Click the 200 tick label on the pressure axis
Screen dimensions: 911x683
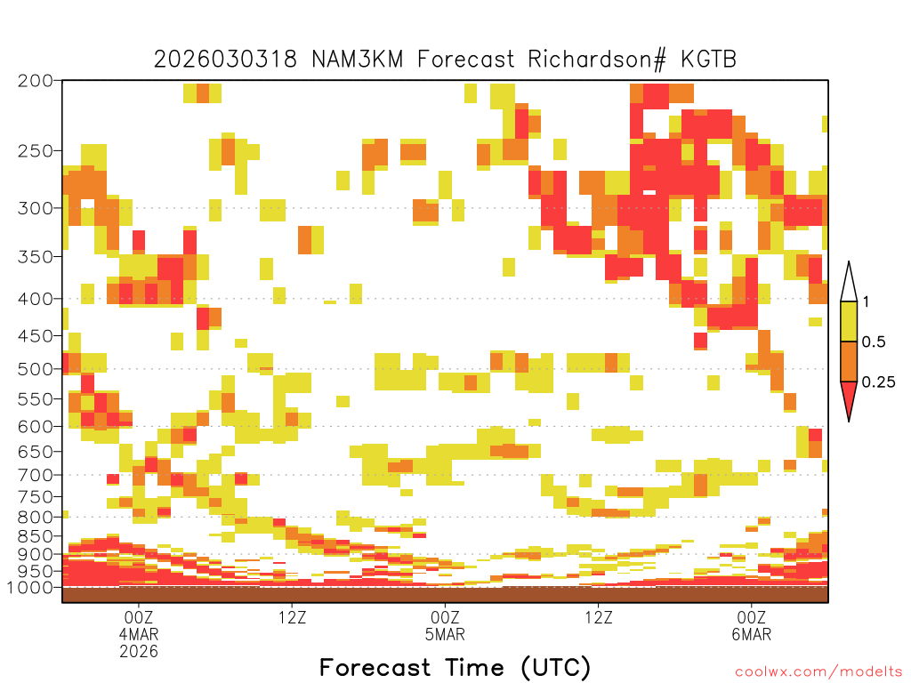pyautogui.click(x=35, y=81)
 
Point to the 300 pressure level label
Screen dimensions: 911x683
pyautogui.click(x=35, y=208)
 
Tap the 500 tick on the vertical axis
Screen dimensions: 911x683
pyautogui.click(x=35, y=369)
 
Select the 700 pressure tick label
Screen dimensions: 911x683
pyautogui.click(x=35, y=475)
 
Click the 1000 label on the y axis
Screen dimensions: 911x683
pyautogui.click(x=31, y=587)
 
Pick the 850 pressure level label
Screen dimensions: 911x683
pyautogui.click(x=35, y=536)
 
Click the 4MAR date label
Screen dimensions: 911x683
pyautogui.click(x=139, y=634)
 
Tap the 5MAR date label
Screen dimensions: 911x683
pyautogui.click(x=445, y=634)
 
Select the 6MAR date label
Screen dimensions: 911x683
pyautogui.click(x=752, y=634)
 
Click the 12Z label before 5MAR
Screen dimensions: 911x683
pyautogui.click(x=292, y=617)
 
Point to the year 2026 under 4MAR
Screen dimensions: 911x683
pyautogui.click(x=139, y=651)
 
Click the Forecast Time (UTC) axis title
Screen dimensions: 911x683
pyautogui.click(x=455, y=668)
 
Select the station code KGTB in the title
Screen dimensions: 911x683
pyautogui.click(x=709, y=60)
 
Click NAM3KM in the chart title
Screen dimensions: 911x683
pyautogui.click(x=358, y=60)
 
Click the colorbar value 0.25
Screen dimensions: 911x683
pyautogui.click(x=878, y=382)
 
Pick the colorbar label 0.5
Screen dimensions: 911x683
pyautogui.click(x=874, y=341)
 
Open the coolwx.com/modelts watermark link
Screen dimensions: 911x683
pyautogui.click(x=818, y=672)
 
